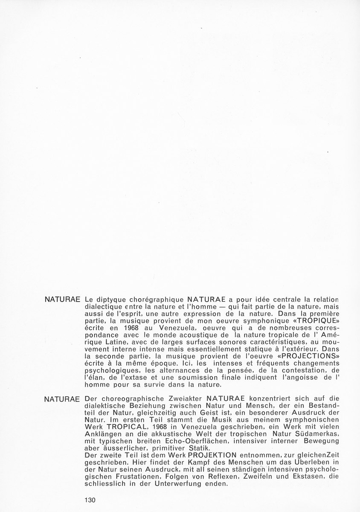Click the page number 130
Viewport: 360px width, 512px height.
[x=91, y=500]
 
